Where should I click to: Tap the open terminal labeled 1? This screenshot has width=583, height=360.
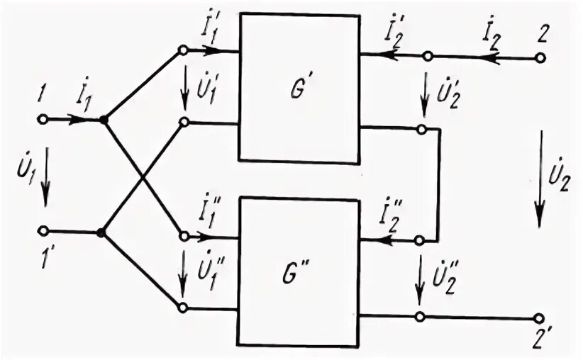45,120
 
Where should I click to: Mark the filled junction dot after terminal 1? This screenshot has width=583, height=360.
104,120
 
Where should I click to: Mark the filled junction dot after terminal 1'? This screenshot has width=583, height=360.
101,232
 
